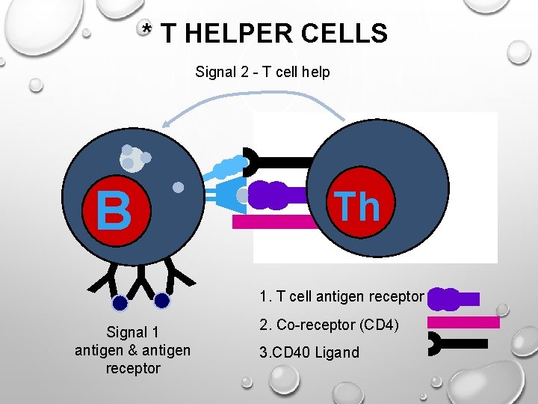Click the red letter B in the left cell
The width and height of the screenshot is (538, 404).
coord(114,210)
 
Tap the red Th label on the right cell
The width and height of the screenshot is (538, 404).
coord(357,206)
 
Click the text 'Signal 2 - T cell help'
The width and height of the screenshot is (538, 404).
coord(262,72)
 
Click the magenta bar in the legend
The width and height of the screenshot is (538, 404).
coord(463,322)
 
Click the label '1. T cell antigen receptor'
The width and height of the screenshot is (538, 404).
coord(341,296)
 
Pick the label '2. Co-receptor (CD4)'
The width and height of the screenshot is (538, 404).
coord(329,325)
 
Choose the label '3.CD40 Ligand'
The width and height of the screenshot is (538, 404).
coord(309,352)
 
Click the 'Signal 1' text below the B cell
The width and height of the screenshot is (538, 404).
coord(132,332)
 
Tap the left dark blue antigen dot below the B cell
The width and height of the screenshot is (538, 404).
coord(120,303)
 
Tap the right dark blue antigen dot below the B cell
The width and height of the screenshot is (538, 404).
coord(162,301)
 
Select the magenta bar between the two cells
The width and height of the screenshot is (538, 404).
coord(276,221)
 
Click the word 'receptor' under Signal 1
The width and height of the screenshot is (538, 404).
coord(133,368)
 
